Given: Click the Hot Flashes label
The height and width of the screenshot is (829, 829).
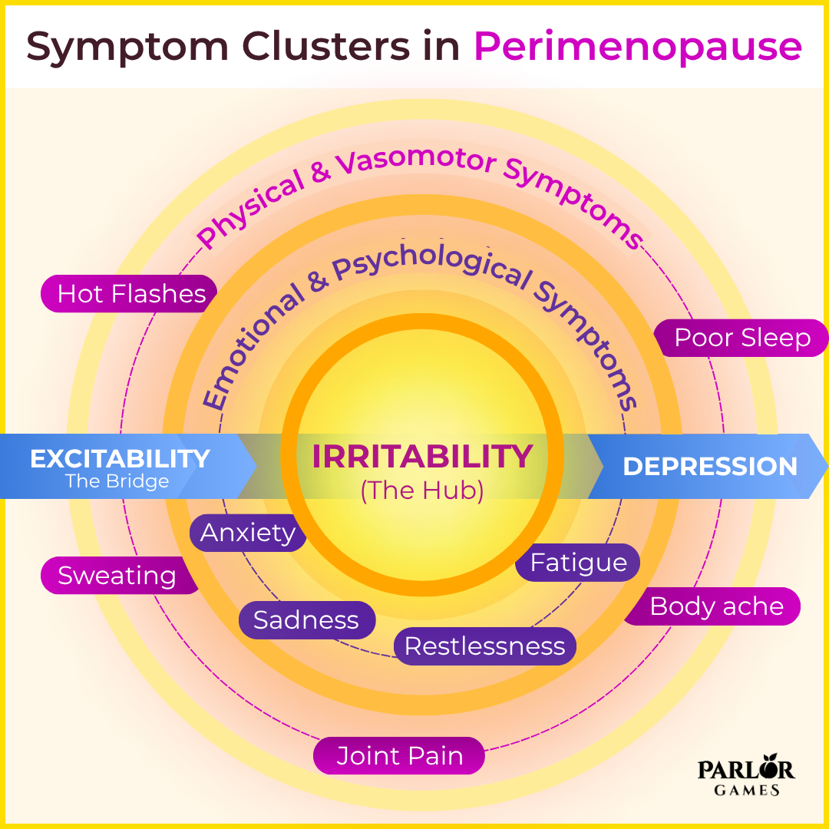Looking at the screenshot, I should [x=130, y=294].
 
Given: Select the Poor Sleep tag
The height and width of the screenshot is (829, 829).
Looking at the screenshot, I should [x=741, y=339].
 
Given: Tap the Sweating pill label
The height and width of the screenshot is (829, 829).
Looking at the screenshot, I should [x=117, y=576].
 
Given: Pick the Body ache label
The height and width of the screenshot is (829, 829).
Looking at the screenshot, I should [x=715, y=606].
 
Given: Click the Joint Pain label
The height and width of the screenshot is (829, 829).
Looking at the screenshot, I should [x=399, y=756].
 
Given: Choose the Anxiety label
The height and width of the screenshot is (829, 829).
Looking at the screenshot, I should [x=248, y=533].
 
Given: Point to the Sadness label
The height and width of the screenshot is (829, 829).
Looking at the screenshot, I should [x=306, y=620].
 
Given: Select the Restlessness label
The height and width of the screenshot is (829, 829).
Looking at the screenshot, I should [x=484, y=646].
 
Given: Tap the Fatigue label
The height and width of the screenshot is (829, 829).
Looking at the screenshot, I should [x=578, y=563].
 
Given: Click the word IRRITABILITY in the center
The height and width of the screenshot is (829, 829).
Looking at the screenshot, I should [x=421, y=457].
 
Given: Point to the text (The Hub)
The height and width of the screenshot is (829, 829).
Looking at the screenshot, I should [x=421, y=491].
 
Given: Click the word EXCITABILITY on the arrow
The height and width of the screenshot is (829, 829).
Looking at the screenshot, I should [x=120, y=459].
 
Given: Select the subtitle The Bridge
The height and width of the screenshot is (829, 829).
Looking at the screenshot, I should [x=117, y=482].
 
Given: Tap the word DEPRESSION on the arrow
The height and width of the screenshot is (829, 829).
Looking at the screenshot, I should [x=710, y=467].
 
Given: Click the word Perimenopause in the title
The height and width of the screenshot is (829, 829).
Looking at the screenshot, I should [x=638, y=47].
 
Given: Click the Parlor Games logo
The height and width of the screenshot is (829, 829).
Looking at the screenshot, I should [x=745, y=778].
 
